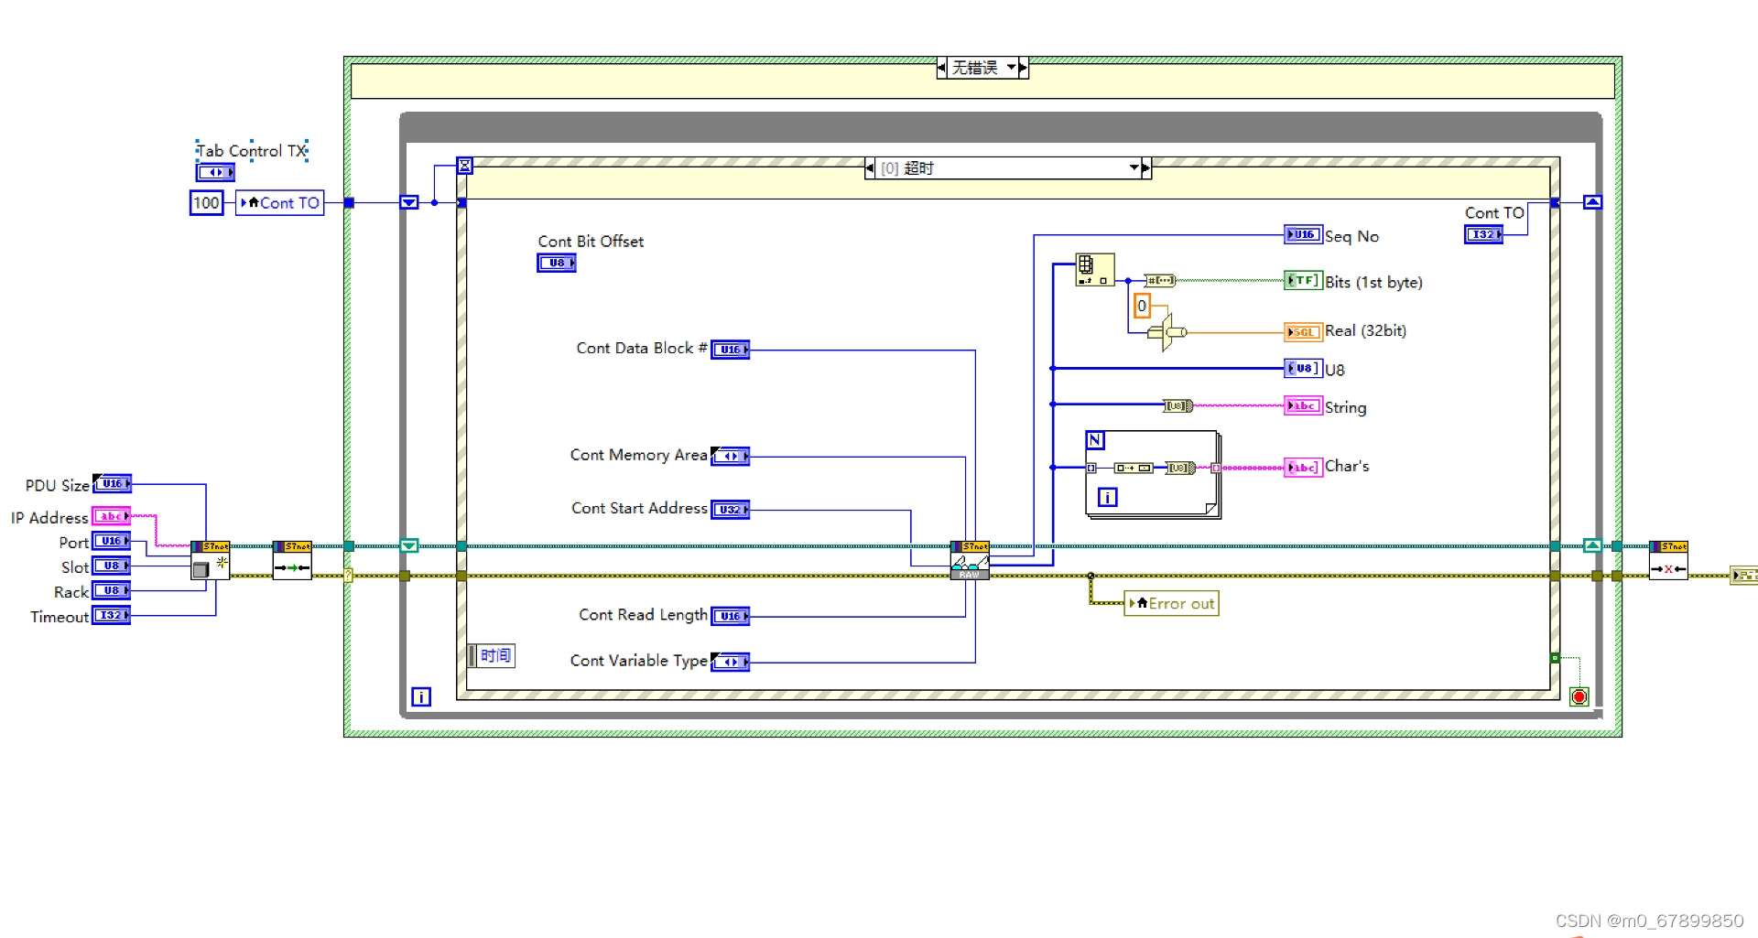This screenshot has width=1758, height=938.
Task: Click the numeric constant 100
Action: pos(206,203)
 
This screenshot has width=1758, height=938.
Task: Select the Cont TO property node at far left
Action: pos(280,203)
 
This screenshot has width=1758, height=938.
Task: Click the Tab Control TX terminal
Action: pos(215,172)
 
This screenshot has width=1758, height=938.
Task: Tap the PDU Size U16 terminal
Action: pos(112,484)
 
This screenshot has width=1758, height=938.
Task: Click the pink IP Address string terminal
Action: pos(111,516)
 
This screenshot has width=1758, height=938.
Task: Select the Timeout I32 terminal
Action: pos(111,616)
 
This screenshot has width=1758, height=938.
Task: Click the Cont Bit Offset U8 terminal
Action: pos(556,264)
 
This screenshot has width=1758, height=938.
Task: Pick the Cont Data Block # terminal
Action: pos(730,350)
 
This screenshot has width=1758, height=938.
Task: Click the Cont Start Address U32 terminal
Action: pos(730,510)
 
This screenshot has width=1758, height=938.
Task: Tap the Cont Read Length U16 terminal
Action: pos(730,617)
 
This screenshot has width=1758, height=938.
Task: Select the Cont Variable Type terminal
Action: pos(730,662)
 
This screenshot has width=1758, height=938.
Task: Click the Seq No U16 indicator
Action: pos(1302,235)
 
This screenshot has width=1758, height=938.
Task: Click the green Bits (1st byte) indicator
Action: pos(1302,281)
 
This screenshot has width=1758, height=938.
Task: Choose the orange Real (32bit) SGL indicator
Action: pos(1302,332)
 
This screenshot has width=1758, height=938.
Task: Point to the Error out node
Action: pos(1172,604)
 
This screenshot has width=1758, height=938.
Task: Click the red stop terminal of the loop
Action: pos(1579,697)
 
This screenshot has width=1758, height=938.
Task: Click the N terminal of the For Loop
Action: pos(1095,440)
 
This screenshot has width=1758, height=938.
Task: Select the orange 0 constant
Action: pos(1142,306)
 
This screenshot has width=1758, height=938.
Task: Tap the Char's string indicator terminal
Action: pos(1302,468)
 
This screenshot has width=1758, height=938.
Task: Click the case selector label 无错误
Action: pos(975,68)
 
